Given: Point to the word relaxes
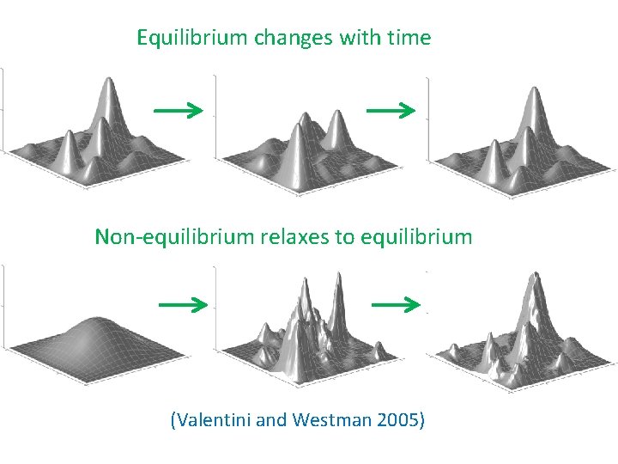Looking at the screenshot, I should coord(294,236).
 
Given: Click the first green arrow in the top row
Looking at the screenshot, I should coord(178,110).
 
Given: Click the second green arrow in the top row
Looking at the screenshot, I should coord(391,110).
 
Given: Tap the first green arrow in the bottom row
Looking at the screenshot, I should coord(184,304).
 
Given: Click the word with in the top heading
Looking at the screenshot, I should coord(360,38).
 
